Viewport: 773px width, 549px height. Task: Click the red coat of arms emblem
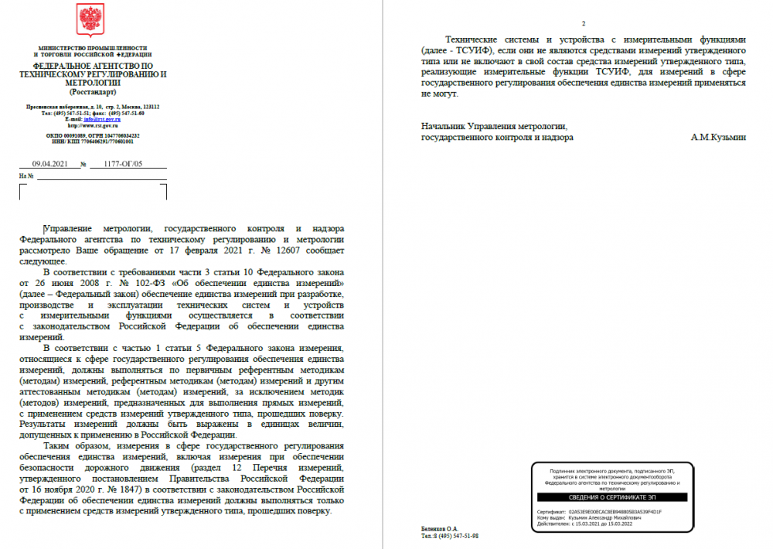click(92, 20)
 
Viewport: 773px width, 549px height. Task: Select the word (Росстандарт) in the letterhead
click(92, 91)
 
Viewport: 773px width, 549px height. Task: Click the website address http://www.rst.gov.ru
click(92, 125)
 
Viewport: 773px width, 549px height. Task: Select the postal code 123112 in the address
click(149, 107)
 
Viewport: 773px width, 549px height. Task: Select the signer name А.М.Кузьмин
click(719, 137)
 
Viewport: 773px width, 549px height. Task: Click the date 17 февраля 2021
click(226, 251)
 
